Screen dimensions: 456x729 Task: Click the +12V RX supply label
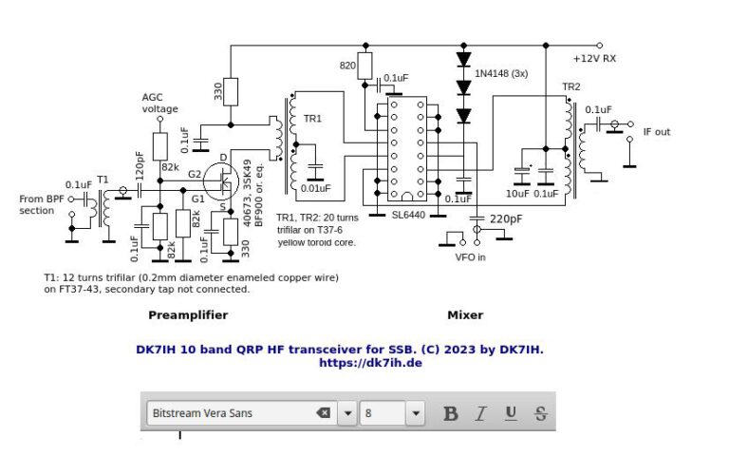point(594,58)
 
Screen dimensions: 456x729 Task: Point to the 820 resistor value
point(348,66)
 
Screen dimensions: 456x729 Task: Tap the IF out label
point(656,132)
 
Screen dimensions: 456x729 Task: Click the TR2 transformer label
point(570,86)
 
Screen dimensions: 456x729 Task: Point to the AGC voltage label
point(160,103)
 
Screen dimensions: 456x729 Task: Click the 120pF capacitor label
point(140,165)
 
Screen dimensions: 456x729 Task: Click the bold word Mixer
point(465,314)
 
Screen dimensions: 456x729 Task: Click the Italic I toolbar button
point(481,413)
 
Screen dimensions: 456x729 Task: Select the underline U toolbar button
point(511,413)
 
